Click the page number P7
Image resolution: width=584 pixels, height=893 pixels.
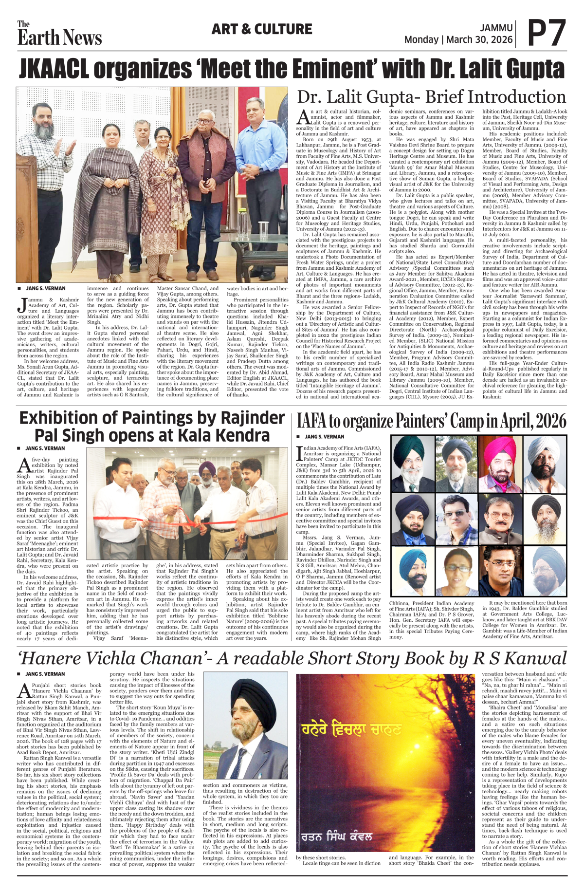(547, 33)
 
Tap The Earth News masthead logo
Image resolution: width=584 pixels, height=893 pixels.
(59, 34)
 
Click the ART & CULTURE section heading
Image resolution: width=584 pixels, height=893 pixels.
(261, 29)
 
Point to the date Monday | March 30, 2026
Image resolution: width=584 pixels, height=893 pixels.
(458, 39)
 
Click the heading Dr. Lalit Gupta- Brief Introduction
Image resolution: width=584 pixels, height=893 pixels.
(431, 96)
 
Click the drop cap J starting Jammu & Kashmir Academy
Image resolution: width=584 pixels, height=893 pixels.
(21, 304)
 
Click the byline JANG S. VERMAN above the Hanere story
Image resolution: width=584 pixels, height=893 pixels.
(45, 674)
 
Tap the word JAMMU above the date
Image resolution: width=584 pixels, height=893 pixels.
(496, 28)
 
